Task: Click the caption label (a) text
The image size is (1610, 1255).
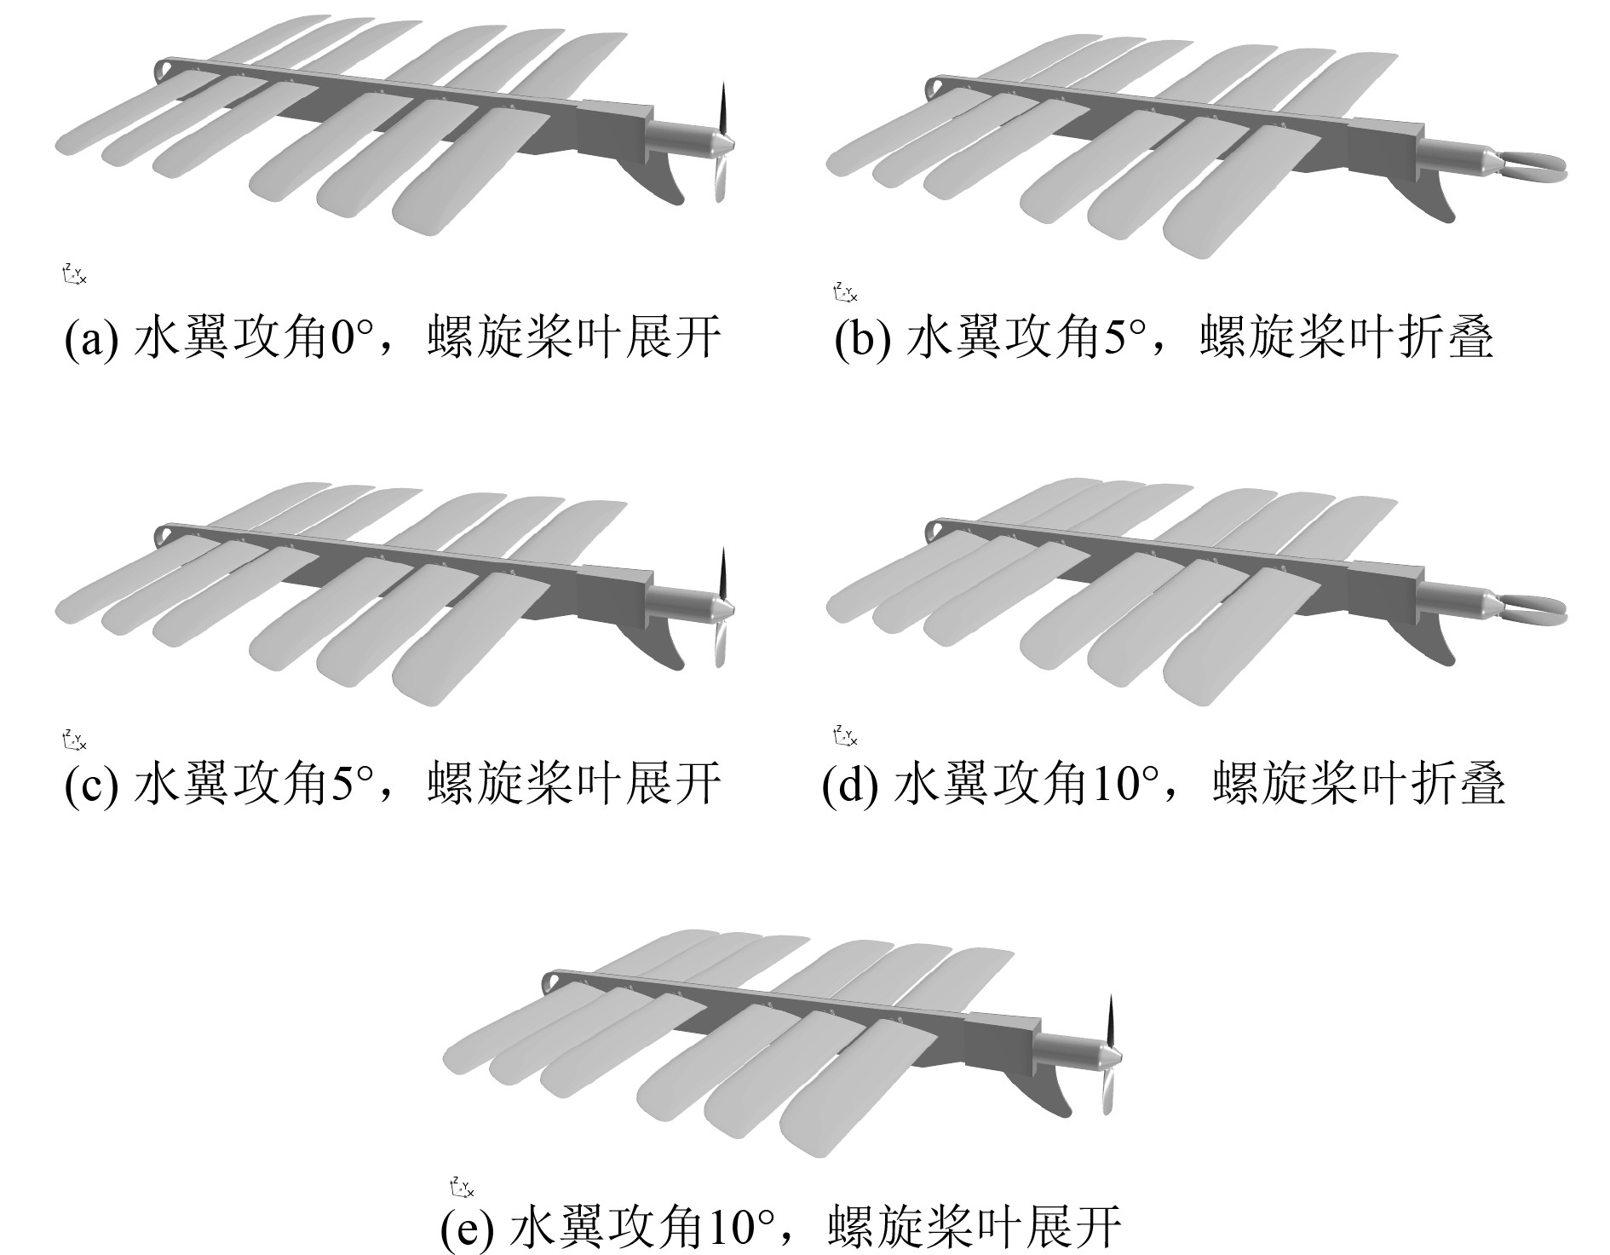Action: pyautogui.click(x=393, y=338)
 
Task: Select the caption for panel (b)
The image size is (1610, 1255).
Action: pyautogui.click(x=1164, y=338)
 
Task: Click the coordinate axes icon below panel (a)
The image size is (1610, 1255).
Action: pyautogui.click(x=74, y=274)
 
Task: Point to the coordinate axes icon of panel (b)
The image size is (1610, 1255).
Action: pyautogui.click(x=844, y=293)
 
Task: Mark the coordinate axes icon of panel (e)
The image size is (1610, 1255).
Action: pyautogui.click(x=461, y=1187)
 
